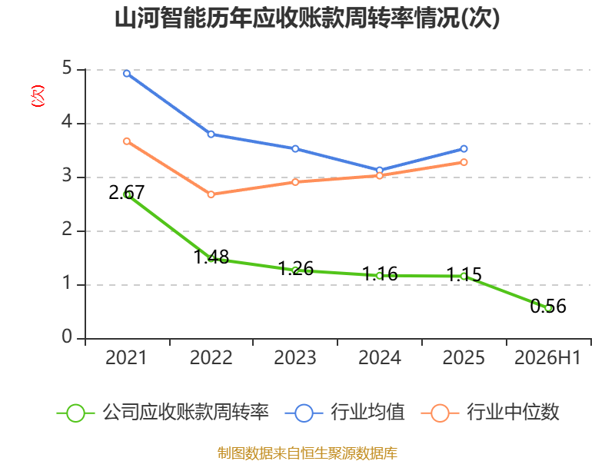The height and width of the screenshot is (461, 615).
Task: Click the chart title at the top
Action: pos(307,18)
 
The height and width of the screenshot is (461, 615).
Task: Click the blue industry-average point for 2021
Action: pos(127,73)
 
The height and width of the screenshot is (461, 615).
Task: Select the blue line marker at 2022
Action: pos(211,134)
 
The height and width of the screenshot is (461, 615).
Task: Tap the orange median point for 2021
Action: pos(127,141)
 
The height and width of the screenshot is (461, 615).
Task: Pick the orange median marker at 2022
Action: pos(211,194)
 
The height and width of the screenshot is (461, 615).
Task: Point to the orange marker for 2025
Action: pos(464,162)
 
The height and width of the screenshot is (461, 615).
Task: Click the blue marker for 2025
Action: pos(464,149)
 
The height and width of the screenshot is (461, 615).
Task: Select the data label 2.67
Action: pos(127,193)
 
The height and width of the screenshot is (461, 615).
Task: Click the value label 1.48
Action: pos(211,257)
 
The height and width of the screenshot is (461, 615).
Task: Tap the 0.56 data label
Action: pos(548,306)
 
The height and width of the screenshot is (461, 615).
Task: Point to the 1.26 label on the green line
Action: pos(296,268)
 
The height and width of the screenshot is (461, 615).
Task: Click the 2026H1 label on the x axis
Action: pos(547,358)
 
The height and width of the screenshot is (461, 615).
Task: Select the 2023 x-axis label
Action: pos(295,358)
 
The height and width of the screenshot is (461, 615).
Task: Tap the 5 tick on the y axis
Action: pos(67,68)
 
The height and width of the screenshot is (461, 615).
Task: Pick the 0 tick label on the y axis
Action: pos(67,337)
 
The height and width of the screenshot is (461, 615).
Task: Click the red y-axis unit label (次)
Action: pos(38,96)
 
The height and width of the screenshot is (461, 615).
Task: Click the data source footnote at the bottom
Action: pos(307,453)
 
